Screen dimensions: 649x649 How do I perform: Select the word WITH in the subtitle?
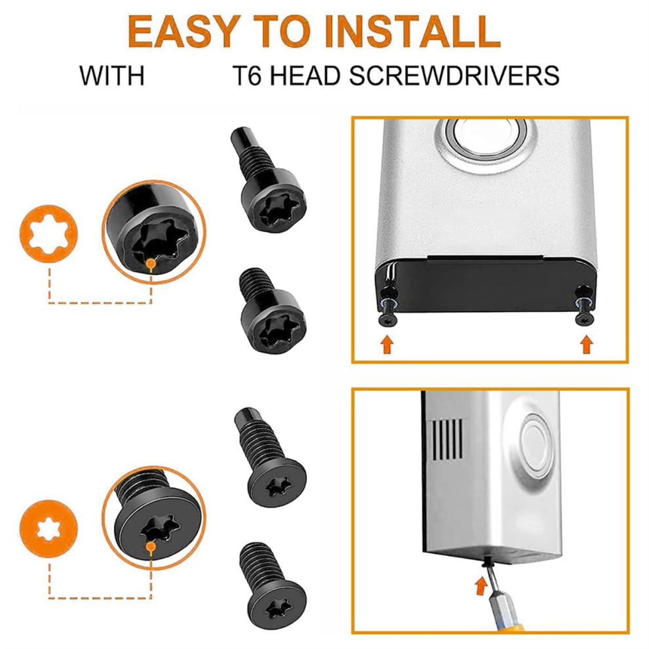coord(112,76)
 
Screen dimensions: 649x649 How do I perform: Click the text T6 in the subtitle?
coord(248,76)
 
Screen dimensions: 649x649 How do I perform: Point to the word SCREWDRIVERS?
coord(454,76)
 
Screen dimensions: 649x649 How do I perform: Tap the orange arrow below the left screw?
coord(387,344)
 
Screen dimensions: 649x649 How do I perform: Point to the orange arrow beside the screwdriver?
coord(481,586)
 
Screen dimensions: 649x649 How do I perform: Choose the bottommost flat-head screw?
coord(272,588)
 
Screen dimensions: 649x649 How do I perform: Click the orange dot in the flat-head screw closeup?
coord(151,547)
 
